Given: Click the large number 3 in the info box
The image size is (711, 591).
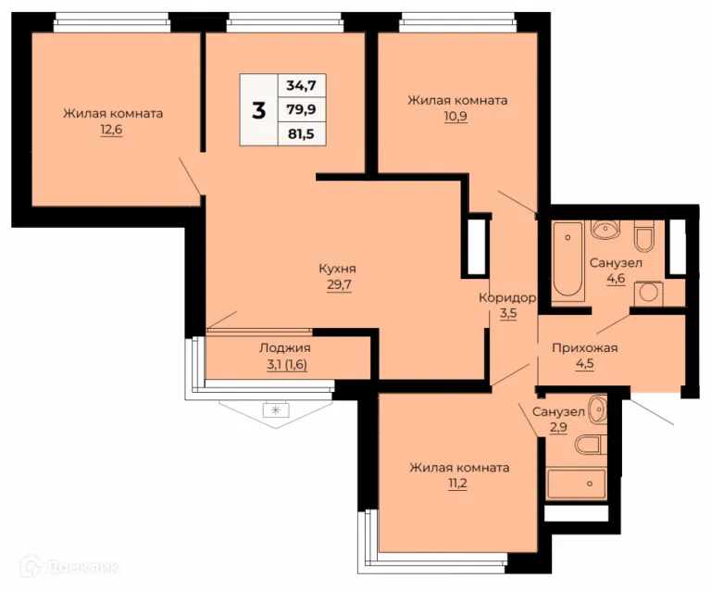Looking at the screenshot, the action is point(258,110).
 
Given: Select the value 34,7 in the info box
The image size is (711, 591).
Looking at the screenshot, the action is point(301,85).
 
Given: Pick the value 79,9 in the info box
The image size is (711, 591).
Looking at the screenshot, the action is point(301,109).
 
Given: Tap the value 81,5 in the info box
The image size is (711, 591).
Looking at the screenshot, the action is point(301,133).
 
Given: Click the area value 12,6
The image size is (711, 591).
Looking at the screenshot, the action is point(111,130).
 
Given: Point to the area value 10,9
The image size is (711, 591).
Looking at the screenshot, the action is point(455,117).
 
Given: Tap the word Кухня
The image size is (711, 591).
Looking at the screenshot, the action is point(337,269).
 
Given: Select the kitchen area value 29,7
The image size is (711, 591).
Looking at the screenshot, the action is point(339,284).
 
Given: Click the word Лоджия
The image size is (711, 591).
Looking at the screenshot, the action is point(285,348).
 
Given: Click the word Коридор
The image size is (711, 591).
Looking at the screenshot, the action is point(507,298).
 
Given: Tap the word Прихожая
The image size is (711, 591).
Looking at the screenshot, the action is point(585,348).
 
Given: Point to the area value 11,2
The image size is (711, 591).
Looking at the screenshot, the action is point(457,484).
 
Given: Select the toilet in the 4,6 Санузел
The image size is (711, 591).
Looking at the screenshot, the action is point(643,236).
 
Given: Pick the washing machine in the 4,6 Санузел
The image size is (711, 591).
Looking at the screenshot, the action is point(648,294).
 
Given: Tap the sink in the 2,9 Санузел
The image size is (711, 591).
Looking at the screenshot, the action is point(598,409).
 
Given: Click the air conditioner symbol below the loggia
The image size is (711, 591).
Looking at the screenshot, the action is point(276,410).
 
